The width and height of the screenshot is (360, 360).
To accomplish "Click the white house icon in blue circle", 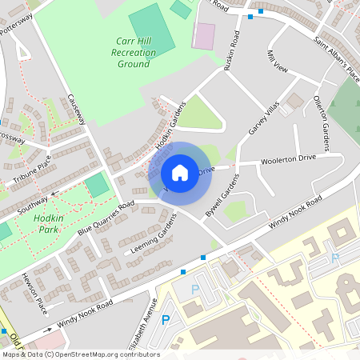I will [x=180, y=172].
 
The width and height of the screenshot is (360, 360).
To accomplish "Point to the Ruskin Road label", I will [x=233, y=50].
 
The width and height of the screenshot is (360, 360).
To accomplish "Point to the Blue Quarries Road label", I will [x=106, y=219].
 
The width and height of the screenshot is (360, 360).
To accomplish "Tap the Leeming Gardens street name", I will [x=152, y=237].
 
